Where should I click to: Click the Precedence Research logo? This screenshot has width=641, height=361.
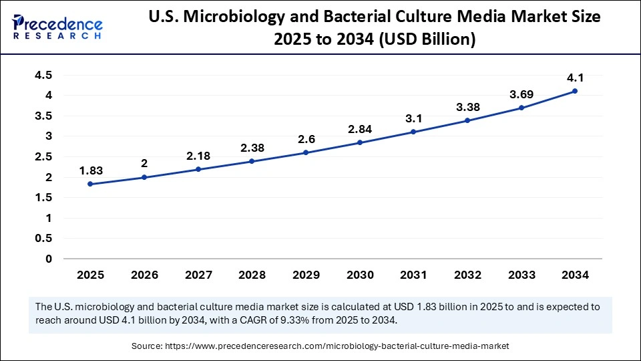pos(57,27)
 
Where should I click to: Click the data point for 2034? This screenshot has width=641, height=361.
pos(575,91)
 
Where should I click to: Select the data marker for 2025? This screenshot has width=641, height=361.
pos(89,184)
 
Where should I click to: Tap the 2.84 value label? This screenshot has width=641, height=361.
pos(359,128)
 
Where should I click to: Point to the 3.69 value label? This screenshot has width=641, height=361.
pos(521,94)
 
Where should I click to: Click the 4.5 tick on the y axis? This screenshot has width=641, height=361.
pos(43,75)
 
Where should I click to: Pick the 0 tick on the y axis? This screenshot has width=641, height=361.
pos(48,259)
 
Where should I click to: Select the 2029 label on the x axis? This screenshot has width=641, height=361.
pos(305,275)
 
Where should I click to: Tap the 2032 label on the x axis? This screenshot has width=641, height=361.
pos(467,275)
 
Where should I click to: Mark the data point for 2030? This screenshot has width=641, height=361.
pos(359,142)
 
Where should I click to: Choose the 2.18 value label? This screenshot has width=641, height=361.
pos(198,155)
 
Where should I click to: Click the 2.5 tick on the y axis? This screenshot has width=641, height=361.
pos(43,156)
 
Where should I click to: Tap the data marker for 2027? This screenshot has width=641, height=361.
pos(198,169)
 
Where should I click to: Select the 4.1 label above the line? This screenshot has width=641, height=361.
pos(575,77)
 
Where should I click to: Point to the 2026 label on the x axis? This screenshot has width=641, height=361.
pos(144,275)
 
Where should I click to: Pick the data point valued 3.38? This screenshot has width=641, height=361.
pos(467,120)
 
